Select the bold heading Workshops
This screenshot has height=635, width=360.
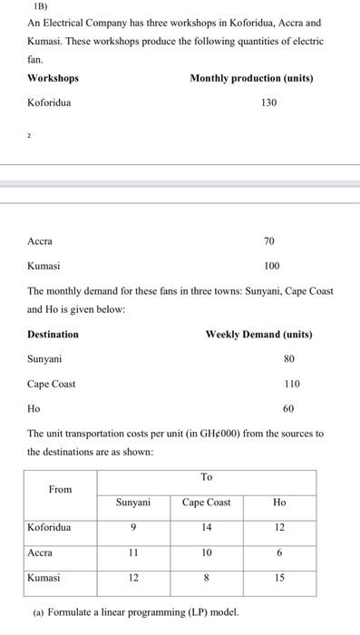[53, 78]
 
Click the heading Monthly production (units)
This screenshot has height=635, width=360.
[251, 78]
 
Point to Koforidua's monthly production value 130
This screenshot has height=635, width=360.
[268, 103]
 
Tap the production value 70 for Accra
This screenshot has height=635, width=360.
[268, 241]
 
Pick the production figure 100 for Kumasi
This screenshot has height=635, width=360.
[271, 267]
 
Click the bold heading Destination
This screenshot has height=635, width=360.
[53, 335]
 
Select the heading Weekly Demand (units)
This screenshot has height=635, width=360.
[258, 335]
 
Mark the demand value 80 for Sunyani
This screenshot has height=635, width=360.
[288, 359]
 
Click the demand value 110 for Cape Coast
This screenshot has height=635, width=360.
[291, 384]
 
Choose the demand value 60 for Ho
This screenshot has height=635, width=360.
[288, 409]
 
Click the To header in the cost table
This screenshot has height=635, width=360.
[207, 477]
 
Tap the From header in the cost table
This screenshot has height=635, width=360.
[60, 490]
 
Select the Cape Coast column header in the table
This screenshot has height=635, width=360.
[207, 503]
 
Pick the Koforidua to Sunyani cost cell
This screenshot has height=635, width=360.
[134, 527]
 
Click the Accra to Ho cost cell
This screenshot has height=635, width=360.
[279, 552]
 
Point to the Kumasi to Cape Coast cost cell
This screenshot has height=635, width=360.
[207, 577]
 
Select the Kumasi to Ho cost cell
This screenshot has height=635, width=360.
[279, 577]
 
